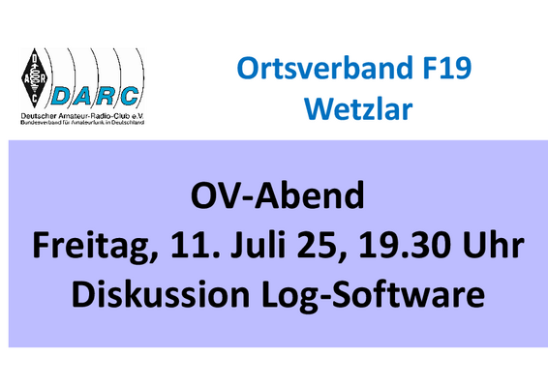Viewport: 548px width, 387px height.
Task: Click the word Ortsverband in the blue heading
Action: tap(324, 68)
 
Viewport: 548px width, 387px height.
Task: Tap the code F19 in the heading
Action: tap(447, 68)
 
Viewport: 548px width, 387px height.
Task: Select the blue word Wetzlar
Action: tap(358, 109)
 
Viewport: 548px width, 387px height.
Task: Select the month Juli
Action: tap(259, 245)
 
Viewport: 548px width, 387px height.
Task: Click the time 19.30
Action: tap(403, 246)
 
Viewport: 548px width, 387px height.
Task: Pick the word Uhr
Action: tap(493, 245)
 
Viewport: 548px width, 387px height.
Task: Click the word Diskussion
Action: tap(161, 294)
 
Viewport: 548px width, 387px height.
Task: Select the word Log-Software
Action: tap(373, 295)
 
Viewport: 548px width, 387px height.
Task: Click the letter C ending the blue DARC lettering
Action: tap(130, 96)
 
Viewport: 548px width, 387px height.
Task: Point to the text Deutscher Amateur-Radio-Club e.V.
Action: tap(82, 115)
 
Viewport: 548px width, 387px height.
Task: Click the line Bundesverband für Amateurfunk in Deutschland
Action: tap(82, 123)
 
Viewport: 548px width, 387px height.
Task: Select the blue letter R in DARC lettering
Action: tap(107, 96)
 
